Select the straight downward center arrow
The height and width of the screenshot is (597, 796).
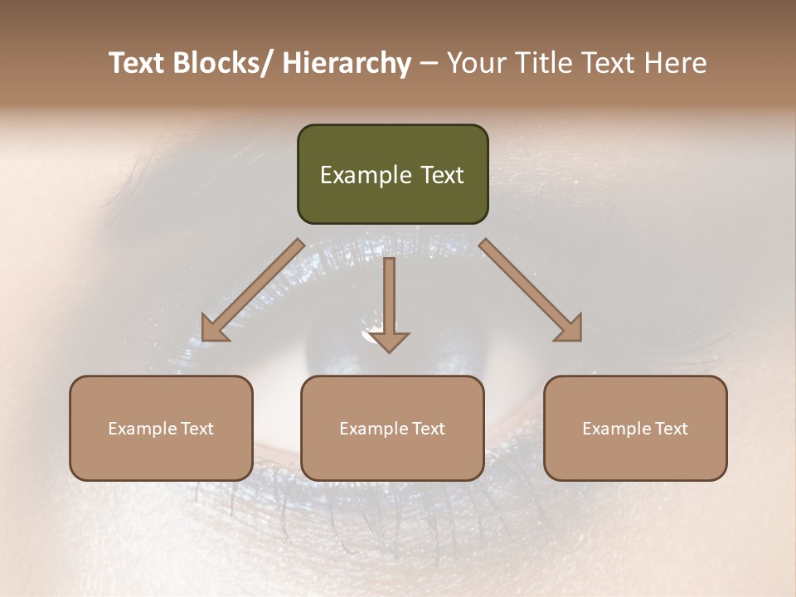pos(390,298)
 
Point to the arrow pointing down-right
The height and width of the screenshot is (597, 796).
pos(531,290)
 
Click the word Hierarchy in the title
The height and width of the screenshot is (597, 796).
pos(347,64)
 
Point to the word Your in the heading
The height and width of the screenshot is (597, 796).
pos(475,63)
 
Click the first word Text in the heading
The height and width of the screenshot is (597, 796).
pos(138,63)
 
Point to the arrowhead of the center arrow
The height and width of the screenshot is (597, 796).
pos(390,342)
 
